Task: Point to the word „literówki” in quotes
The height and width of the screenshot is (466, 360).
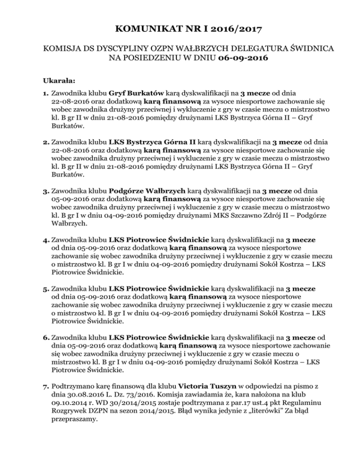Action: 262,414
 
